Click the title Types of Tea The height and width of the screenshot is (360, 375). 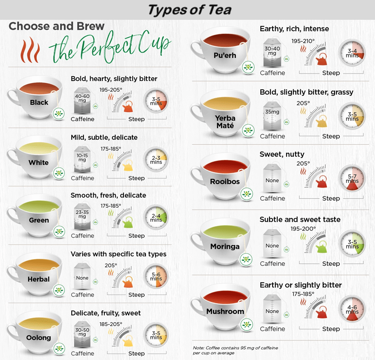(x=189, y=10)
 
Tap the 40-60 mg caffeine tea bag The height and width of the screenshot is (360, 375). (x=82, y=100)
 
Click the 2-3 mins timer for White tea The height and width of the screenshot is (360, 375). (x=156, y=160)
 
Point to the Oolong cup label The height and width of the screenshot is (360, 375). (x=39, y=338)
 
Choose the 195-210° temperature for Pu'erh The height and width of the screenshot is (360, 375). (x=303, y=41)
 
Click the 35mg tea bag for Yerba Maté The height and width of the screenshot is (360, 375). (x=272, y=116)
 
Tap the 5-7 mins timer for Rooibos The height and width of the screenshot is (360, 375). (x=352, y=178)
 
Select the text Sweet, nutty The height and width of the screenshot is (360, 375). (x=282, y=154)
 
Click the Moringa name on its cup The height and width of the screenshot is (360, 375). (x=225, y=246)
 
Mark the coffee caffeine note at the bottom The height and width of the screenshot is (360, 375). (x=235, y=350)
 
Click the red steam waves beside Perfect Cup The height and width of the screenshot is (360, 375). (x=30, y=50)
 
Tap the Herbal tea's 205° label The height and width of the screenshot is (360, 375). (x=111, y=265)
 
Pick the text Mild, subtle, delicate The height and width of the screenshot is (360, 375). (x=104, y=137)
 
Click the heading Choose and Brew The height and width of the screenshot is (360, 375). (x=56, y=26)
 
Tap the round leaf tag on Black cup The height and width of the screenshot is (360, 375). (x=58, y=114)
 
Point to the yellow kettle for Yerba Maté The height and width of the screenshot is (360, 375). (x=321, y=121)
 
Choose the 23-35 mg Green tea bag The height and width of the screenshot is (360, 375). (x=82, y=217)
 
